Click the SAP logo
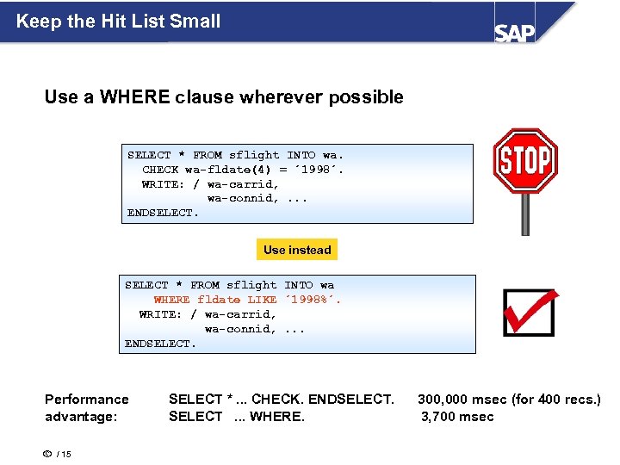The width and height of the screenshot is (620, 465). click(x=514, y=31)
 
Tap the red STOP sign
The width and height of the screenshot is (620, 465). click(x=524, y=160)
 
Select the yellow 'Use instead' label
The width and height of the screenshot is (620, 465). click(x=297, y=250)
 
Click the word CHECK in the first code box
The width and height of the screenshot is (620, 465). click(x=160, y=170)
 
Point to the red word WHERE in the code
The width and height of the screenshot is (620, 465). click(x=172, y=300)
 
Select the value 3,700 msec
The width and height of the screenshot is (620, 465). click(x=457, y=417)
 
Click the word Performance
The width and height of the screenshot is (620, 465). click(x=86, y=399)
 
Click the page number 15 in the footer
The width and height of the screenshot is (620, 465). click(x=65, y=454)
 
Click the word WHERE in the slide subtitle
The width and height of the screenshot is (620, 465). click(x=135, y=97)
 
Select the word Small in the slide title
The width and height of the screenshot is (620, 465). click(x=197, y=21)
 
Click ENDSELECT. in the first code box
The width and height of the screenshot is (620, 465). click(x=163, y=212)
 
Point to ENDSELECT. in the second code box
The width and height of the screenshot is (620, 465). click(x=160, y=344)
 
